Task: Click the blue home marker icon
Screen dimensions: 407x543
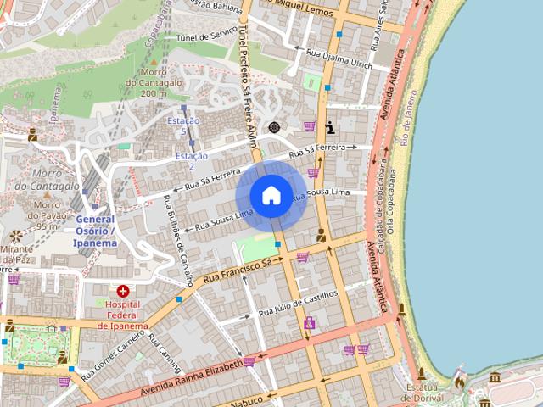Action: [x=271, y=195]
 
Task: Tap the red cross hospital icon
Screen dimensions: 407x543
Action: [x=123, y=291]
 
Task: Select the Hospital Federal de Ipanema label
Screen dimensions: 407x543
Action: [x=122, y=315]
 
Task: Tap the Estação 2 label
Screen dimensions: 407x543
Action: [x=190, y=161]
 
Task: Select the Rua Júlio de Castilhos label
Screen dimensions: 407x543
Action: [x=298, y=303]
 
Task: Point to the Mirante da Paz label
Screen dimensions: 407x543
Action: [x=16, y=254]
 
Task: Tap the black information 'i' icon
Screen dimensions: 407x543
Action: [x=329, y=128]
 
